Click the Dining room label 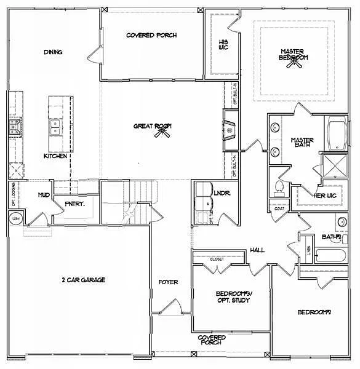coord(53,52)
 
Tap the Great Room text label coord(152,126)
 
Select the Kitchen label coord(55,156)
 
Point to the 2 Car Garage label coord(84,280)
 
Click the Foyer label coord(168,282)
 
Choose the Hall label coord(257,250)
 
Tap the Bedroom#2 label coord(314,312)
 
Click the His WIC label coord(224,44)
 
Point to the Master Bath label coord(302,143)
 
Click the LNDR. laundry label coord(222,193)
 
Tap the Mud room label coord(44,195)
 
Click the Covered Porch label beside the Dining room coord(151,36)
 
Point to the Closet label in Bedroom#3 coord(217,260)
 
